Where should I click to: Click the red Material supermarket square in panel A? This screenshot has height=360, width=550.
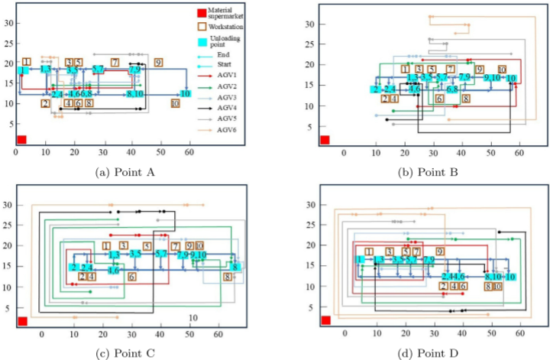(x=21, y=139)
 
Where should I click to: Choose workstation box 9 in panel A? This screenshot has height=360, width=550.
(x=158, y=62)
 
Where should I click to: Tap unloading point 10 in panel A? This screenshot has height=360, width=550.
(x=185, y=93)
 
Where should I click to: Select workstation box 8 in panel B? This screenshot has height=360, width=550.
(x=464, y=99)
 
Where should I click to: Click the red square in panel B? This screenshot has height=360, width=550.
(x=325, y=139)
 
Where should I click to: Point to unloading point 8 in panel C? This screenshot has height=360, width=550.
(x=236, y=267)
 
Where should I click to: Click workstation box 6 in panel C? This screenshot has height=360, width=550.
(x=131, y=276)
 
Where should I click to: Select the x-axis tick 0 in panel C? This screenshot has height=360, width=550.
(x=42, y=334)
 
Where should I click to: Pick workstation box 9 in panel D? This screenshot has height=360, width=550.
(x=439, y=251)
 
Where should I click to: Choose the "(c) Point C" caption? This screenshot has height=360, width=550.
(x=124, y=351)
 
